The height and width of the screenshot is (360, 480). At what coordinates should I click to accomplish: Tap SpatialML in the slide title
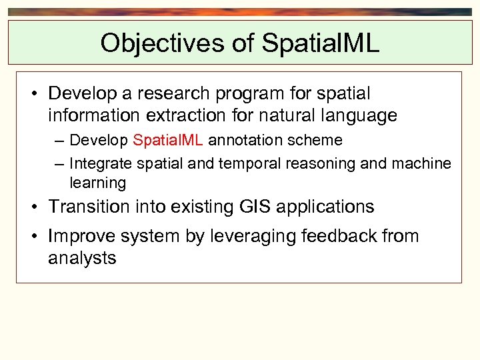coord(321,43)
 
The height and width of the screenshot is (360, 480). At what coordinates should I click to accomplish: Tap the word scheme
coord(319,141)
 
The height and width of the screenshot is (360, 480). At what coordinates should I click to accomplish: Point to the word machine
coord(423,164)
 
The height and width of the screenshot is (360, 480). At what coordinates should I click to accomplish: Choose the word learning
coord(97,183)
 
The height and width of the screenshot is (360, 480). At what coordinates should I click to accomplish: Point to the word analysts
coord(82,259)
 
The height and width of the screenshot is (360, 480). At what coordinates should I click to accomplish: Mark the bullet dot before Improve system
coord(34,237)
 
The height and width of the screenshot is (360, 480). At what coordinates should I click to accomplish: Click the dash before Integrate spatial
coord(59,164)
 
